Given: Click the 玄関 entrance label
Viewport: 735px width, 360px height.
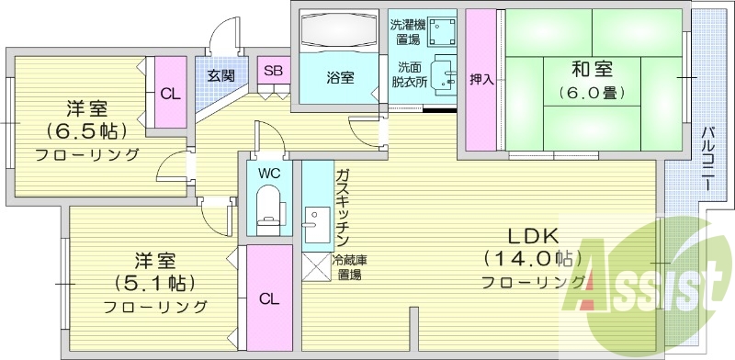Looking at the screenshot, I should (219, 74).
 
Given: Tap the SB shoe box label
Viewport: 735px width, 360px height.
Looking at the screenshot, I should (273, 70).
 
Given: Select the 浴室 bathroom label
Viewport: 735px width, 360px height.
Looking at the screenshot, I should (340, 78).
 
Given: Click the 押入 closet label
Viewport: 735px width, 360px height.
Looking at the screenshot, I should (481, 80).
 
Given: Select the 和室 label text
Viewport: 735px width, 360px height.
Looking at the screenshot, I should (592, 69).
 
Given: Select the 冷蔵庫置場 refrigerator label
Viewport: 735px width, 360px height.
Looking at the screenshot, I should (348, 267).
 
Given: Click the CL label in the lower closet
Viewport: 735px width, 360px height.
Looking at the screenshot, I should (268, 298).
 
